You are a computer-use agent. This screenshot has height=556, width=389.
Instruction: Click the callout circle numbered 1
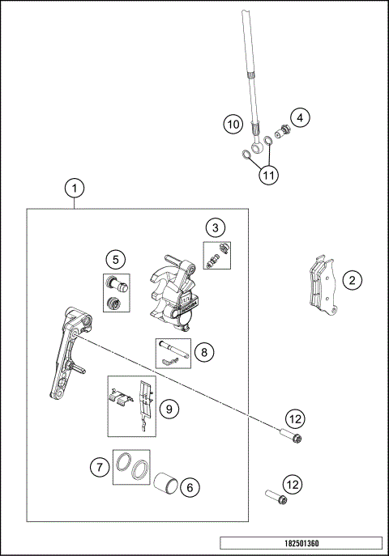74,189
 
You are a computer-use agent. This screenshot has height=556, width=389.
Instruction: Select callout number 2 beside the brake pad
351,281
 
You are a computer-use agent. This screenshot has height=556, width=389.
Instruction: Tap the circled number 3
214,227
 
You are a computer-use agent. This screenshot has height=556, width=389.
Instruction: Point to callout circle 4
299,117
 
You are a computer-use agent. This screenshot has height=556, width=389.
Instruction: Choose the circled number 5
116,259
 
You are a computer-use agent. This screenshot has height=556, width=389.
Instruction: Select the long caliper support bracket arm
65,356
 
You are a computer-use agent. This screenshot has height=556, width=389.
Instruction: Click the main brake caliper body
172,298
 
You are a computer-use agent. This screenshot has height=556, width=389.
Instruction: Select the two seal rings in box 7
130,465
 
